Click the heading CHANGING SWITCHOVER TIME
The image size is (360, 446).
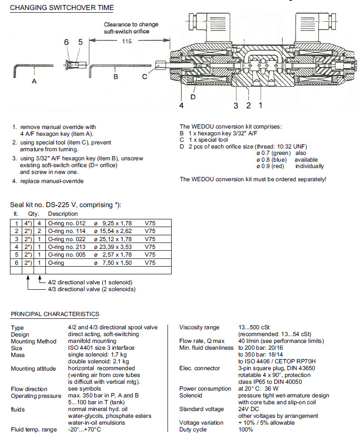(62, 8)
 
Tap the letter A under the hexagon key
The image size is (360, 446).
(34, 82)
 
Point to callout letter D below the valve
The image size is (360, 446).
(194, 96)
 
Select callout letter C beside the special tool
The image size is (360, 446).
(144, 76)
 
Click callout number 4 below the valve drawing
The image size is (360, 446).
(181, 105)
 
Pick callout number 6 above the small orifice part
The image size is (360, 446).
(66, 42)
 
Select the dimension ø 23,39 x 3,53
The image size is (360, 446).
(113, 247)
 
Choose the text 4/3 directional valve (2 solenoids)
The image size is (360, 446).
(91, 289)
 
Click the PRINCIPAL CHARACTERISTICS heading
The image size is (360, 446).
(55, 314)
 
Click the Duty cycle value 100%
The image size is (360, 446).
(246, 429)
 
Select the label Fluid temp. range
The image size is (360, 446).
(34, 430)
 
